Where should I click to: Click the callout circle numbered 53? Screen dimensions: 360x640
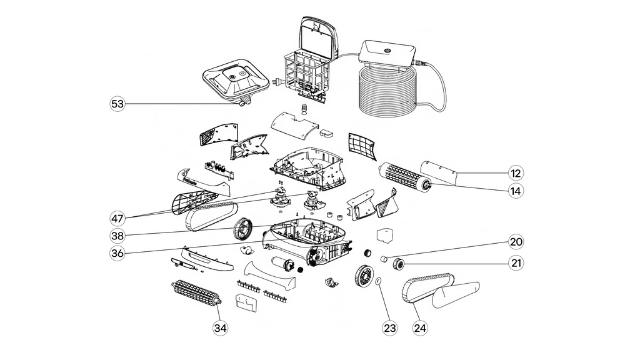[x=117, y=104]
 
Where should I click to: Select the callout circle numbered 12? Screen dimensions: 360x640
[x=516, y=173]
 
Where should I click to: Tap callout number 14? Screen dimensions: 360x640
[x=516, y=191]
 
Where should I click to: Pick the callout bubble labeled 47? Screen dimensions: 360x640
[x=117, y=218]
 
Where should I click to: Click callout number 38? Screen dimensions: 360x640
[x=117, y=236]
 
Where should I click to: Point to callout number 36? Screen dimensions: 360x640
[x=117, y=253]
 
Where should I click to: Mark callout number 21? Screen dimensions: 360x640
[x=516, y=263]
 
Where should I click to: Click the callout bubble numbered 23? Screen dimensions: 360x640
[x=389, y=326]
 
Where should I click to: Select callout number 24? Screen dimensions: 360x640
[x=419, y=326]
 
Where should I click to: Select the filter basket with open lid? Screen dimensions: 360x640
[x=309, y=62]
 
